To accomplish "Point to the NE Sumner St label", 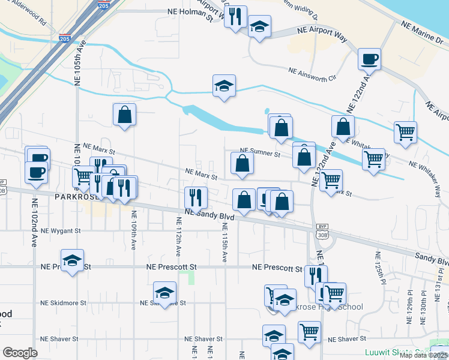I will click(x=260, y=154).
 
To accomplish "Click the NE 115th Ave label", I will click(x=224, y=242).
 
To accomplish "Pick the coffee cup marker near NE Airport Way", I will click(x=369, y=59).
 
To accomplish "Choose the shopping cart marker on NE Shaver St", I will click(x=309, y=332).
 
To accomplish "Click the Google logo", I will click(x=20, y=353).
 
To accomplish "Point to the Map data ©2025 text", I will click(x=420, y=355).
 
